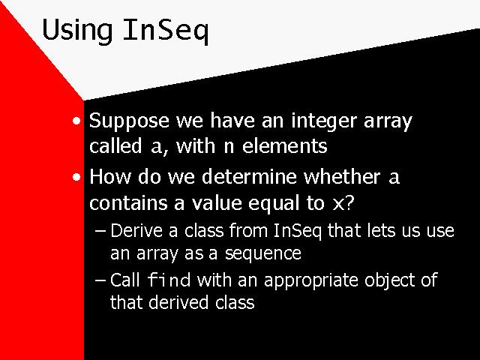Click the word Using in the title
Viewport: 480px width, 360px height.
tap(77, 30)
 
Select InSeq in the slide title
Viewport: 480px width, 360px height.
tap(166, 30)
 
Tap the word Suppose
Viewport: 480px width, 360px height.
tap(129, 121)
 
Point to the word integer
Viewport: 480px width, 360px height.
tap(324, 121)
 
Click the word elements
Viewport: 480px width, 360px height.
tap(285, 145)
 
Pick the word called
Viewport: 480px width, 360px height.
tap(115, 145)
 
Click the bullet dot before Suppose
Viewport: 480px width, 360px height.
tap(76, 121)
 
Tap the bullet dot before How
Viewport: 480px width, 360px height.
tap(76, 177)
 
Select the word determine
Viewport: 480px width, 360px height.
tap(249, 177)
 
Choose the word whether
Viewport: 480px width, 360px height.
tap(342, 177)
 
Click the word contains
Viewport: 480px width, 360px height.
tap(128, 202)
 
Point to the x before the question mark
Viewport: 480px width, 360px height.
tap(338, 204)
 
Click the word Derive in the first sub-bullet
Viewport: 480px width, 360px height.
tap(136, 230)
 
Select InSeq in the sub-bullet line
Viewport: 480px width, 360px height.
tap(297, 231)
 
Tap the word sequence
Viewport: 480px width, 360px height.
tap(263, 254)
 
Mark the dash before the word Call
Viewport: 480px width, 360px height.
tap(100, 280)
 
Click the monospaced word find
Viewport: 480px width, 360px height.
tap(169, 280)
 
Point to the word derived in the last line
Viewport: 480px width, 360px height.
tap(178, 302)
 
